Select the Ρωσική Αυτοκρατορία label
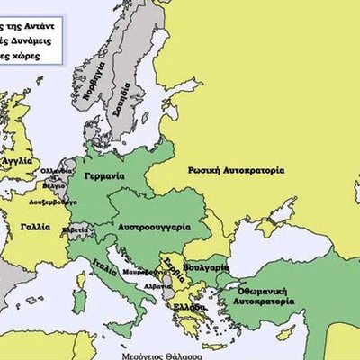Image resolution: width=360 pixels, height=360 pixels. [237, 170]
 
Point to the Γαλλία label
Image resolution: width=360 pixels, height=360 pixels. [35, 227]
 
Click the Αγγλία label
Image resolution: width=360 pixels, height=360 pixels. [20, 161]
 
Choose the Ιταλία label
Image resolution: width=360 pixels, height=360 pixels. [103, 266]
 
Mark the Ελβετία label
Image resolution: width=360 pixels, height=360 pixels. [75, 230]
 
